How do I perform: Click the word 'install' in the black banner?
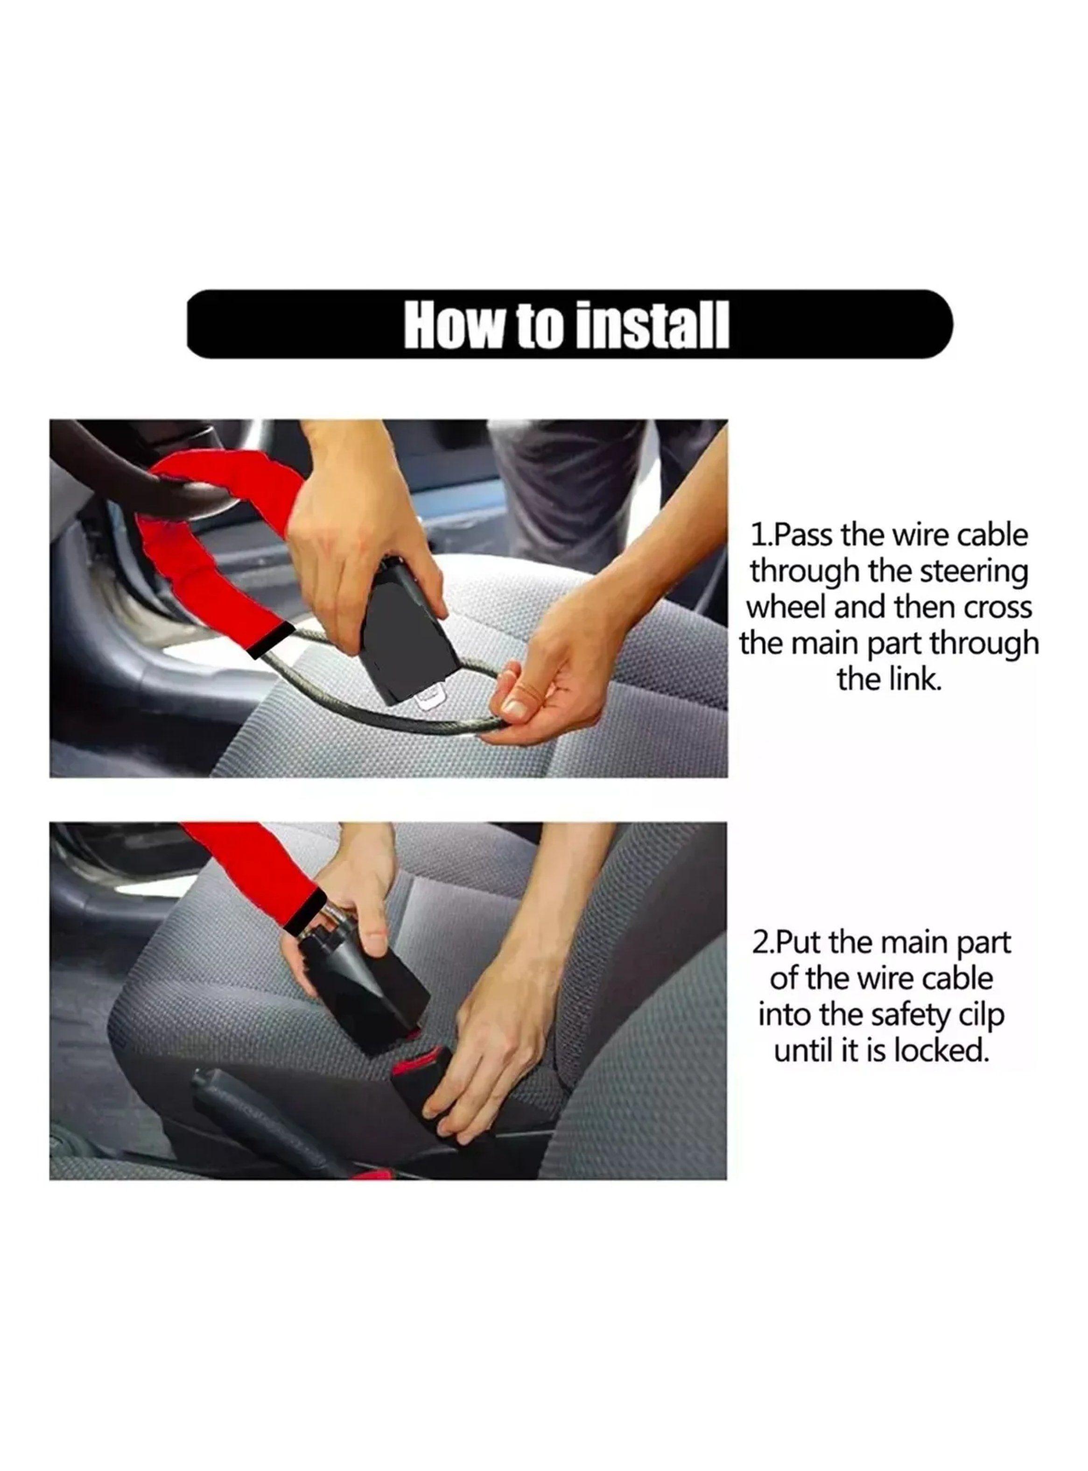coord(653,325)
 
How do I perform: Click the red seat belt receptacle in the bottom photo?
coord(421,1062)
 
